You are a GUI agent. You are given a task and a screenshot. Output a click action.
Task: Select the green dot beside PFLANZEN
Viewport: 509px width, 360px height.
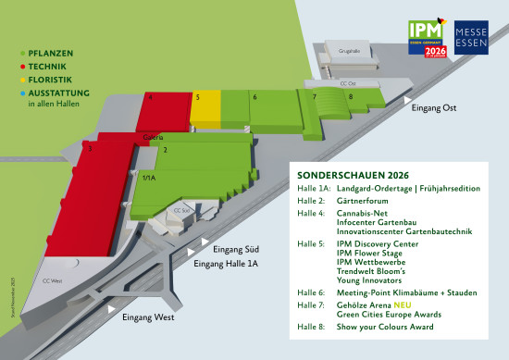click(22, 55)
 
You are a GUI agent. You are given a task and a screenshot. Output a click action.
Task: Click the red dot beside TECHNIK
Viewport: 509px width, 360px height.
click(22, 67)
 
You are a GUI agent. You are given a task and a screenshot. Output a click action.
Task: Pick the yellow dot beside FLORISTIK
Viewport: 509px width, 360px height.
click(22, 80)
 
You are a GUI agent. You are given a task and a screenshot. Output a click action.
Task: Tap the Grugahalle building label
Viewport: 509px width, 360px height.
click(348, 51)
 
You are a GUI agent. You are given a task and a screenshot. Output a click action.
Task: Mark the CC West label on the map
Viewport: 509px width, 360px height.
click(54, 279)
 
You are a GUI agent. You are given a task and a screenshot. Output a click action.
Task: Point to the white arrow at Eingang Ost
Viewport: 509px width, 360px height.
click(405, 96)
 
